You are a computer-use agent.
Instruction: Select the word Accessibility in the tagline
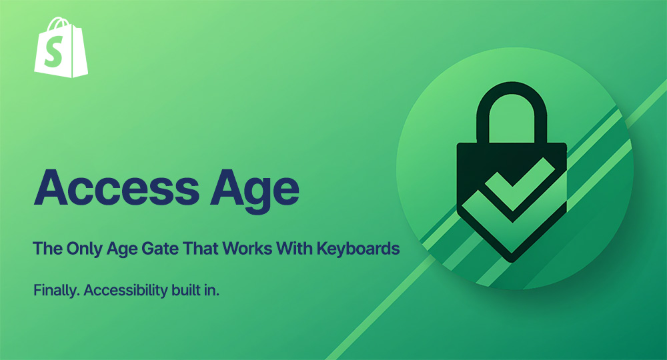click(121, 291)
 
